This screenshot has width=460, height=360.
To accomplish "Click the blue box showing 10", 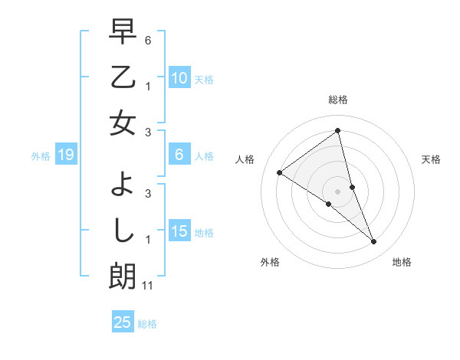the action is pos(179,78).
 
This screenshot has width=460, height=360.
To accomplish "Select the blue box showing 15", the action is pos(179,232).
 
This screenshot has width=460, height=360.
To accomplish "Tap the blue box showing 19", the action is pos(65,155).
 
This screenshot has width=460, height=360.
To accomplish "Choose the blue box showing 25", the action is pos(123,322).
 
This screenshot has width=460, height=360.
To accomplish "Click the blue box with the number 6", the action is pos(179,155).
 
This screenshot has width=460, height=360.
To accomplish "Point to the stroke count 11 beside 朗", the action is pos(148,286).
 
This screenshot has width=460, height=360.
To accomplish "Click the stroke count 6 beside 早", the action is pos(148,39).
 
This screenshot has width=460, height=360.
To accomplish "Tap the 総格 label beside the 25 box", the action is pos(147,323).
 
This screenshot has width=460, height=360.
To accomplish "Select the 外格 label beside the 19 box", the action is pos(41,156).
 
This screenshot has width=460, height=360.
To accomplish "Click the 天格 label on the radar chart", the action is pos(431,159).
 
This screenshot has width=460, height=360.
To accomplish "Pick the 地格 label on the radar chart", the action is pos(402,262).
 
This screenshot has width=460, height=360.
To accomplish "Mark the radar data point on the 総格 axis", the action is pos(338,130).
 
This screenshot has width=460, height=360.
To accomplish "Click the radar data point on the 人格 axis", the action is pos(279,172).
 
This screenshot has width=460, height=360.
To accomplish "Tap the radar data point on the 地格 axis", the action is pos(374,242).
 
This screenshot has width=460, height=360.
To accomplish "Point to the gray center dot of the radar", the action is pos(338,191).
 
